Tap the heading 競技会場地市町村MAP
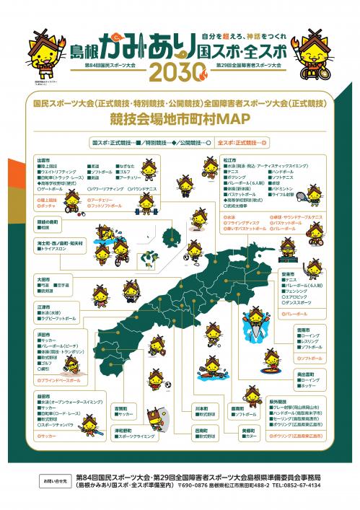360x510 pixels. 180,118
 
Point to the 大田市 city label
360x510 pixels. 43,278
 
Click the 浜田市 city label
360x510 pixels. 43,335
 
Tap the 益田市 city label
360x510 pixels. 43,396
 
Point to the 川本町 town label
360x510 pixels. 201,408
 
